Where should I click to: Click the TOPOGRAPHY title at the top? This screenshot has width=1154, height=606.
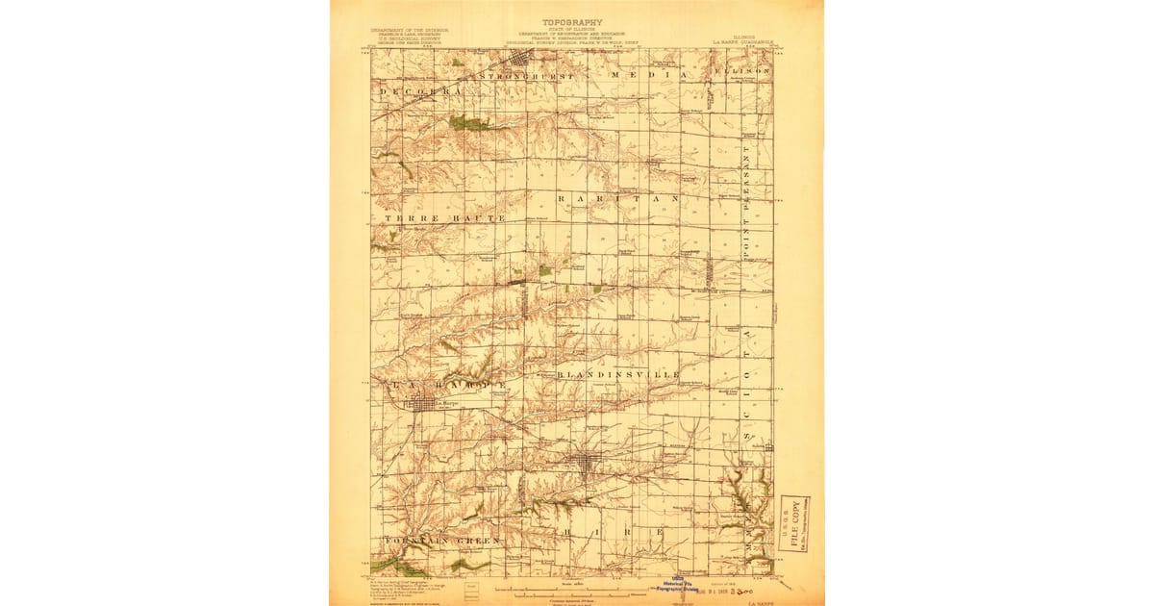pyautogui.click(x=572, y=22)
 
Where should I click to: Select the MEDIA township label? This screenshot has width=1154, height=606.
pyautogui.click(x=649, y=74)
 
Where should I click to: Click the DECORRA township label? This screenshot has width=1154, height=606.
pyautogui.click(x=421, y=91)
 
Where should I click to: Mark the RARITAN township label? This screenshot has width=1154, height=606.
pyautogui.click(x=618, y=197)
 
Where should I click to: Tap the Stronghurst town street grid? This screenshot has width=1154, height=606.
pyautogui.click(x=519, y=61)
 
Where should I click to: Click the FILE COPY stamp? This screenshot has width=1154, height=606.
pyautogui.click(x=794, y=523)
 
